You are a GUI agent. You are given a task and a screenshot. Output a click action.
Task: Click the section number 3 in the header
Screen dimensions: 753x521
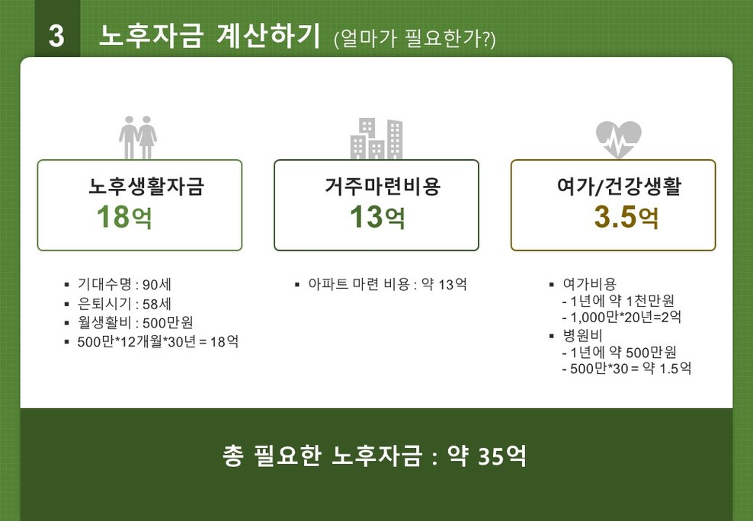56,36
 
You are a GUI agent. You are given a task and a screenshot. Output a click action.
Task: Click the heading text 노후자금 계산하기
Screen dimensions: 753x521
209,36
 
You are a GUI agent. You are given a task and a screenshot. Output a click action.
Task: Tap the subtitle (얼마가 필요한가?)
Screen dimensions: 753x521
415,39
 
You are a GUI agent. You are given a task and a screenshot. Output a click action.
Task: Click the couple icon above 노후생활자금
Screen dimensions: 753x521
138,137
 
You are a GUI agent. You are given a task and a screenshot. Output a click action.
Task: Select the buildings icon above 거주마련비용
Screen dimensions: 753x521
376,138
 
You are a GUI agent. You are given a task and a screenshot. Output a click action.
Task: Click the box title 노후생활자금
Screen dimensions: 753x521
146,186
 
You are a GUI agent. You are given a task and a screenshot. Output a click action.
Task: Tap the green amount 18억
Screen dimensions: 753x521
124,217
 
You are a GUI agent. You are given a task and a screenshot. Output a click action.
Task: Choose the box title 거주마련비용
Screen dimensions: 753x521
383,186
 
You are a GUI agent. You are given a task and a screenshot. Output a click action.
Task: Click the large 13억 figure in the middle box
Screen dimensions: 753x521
377,217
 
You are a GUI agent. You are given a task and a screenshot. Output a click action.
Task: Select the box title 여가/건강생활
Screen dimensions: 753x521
619,186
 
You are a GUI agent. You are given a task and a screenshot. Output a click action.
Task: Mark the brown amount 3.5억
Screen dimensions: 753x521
626,217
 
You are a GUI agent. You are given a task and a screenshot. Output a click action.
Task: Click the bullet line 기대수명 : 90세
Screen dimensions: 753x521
124,284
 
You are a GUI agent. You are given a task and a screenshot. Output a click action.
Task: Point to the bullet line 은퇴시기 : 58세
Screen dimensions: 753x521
124,304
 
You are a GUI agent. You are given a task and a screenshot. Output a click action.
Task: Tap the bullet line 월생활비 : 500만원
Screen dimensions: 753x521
135,322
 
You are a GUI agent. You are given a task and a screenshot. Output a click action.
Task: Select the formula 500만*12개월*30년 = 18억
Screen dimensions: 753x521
158,341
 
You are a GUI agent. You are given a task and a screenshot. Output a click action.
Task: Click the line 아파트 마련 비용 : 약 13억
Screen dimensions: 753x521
387,284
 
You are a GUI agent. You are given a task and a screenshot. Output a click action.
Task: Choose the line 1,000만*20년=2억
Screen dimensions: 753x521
622,317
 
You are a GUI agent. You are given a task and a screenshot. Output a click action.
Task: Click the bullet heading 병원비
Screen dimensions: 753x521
582,335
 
